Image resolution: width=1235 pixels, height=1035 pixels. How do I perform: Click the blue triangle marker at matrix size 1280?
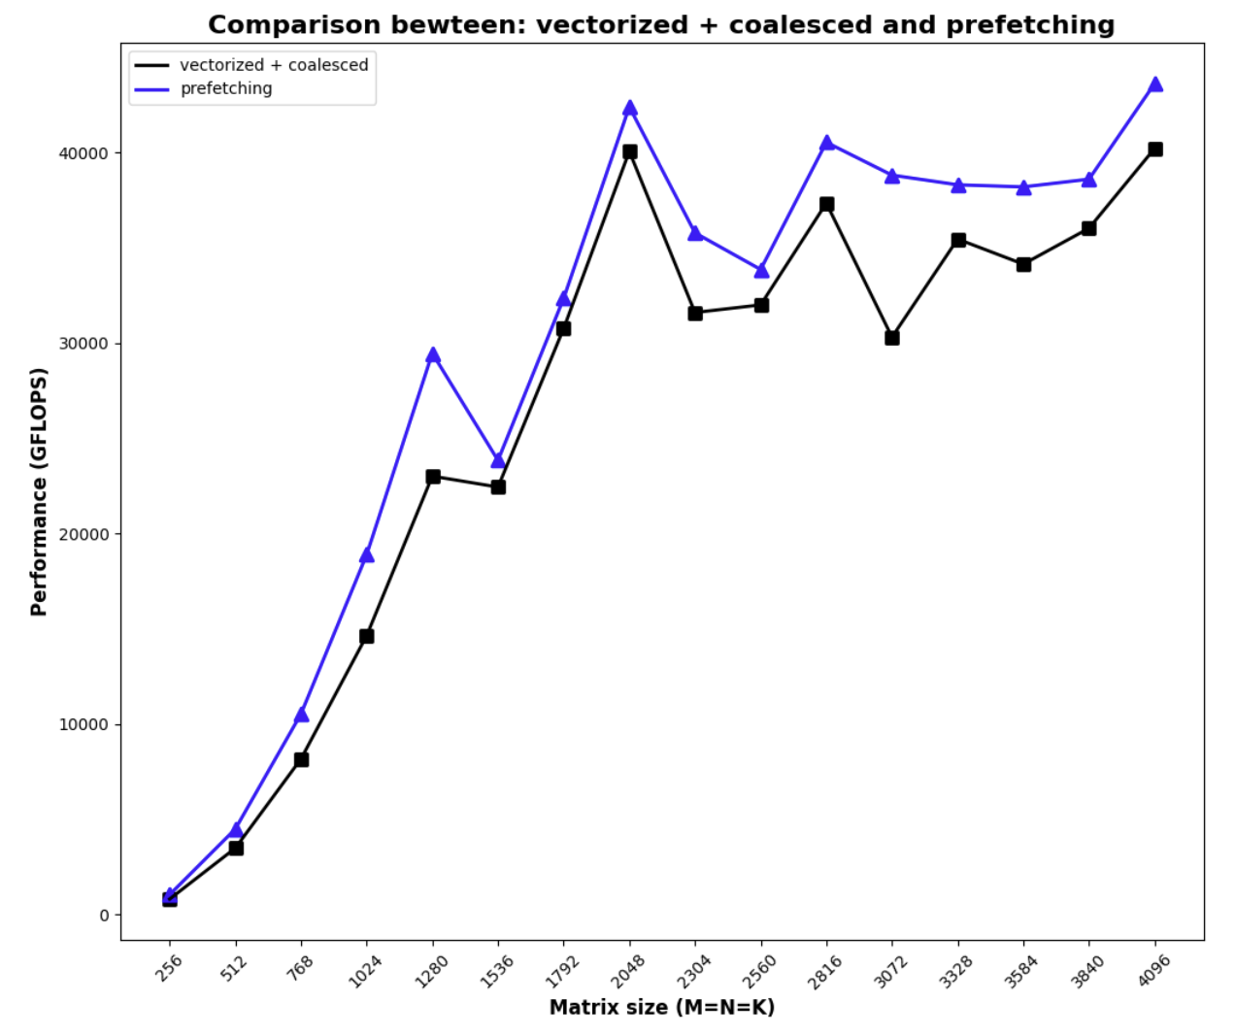coord(433,355)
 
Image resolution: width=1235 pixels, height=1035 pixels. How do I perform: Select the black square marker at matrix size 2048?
coord(630,151)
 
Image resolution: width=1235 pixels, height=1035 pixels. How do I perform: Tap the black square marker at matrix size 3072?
coord(892,338)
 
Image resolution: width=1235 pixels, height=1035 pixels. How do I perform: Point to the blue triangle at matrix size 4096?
coord(1155,84)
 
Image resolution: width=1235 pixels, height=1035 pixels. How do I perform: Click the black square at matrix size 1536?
coord(498,486)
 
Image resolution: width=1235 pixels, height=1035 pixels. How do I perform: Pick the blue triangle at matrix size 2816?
coord(827,143)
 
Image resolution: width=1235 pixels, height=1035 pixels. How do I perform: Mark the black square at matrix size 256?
coord(170,899)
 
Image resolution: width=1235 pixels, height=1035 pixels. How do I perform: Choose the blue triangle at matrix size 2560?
coord(761,271)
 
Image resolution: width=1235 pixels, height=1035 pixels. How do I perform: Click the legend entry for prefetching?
coord(226,88)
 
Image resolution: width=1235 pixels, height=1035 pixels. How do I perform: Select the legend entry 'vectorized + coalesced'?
coord(274,65)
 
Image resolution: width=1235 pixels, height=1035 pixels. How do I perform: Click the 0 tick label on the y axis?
coord(104,916)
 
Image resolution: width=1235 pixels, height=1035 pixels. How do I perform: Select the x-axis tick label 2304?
coord(693,971)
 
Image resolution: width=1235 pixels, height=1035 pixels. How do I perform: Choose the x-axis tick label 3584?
coord(1021,971)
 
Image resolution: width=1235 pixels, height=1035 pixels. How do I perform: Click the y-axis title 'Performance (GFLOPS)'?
coord(39,491)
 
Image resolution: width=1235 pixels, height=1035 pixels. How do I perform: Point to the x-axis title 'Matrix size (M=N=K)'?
coord(662,1008)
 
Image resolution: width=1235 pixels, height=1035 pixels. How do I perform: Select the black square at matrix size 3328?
coord(958,240)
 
